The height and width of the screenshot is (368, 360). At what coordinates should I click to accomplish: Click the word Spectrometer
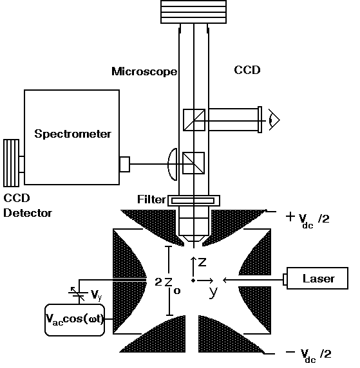[x=73, y=134]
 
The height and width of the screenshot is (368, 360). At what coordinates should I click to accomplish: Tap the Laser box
[x=317, y=278]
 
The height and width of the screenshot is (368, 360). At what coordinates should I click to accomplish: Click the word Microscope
[x=144, y=71]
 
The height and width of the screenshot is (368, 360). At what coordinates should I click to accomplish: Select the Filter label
[x=151, y=199]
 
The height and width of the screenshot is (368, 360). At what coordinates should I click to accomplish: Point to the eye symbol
[x=274, y=120]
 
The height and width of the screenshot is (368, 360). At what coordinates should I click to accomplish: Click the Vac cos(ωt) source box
[x=75, y=320]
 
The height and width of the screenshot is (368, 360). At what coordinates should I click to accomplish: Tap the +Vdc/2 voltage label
[x=308, y=219]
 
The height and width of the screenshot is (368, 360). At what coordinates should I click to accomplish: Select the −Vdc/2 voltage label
[x=308, y=355]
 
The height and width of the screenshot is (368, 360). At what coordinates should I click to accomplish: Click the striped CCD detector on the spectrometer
[x=12, y=163]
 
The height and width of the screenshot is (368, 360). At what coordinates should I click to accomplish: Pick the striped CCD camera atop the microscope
[x=193, y=12]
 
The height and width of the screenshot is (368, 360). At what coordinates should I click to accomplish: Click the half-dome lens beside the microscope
[x=172, y=164]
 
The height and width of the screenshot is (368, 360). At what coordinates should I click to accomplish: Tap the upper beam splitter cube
[x=194, y=120]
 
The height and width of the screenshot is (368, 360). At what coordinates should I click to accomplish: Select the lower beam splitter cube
[x=194, y=163]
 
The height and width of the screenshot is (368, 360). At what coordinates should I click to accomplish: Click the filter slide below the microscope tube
[x=194, y=201]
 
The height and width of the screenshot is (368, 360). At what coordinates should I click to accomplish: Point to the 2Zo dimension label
[x=167, y=284]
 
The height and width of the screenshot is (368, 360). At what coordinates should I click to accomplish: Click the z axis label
[x=202, y=262]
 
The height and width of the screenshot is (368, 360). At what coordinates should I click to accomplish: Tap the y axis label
[x=213, y=293]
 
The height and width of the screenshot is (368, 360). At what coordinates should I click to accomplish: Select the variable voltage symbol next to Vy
[x=77, y=293]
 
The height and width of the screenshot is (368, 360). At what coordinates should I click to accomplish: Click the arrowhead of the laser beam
[x=225, y=280]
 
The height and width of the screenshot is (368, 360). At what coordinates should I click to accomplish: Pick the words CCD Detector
[x=28, y=206]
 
